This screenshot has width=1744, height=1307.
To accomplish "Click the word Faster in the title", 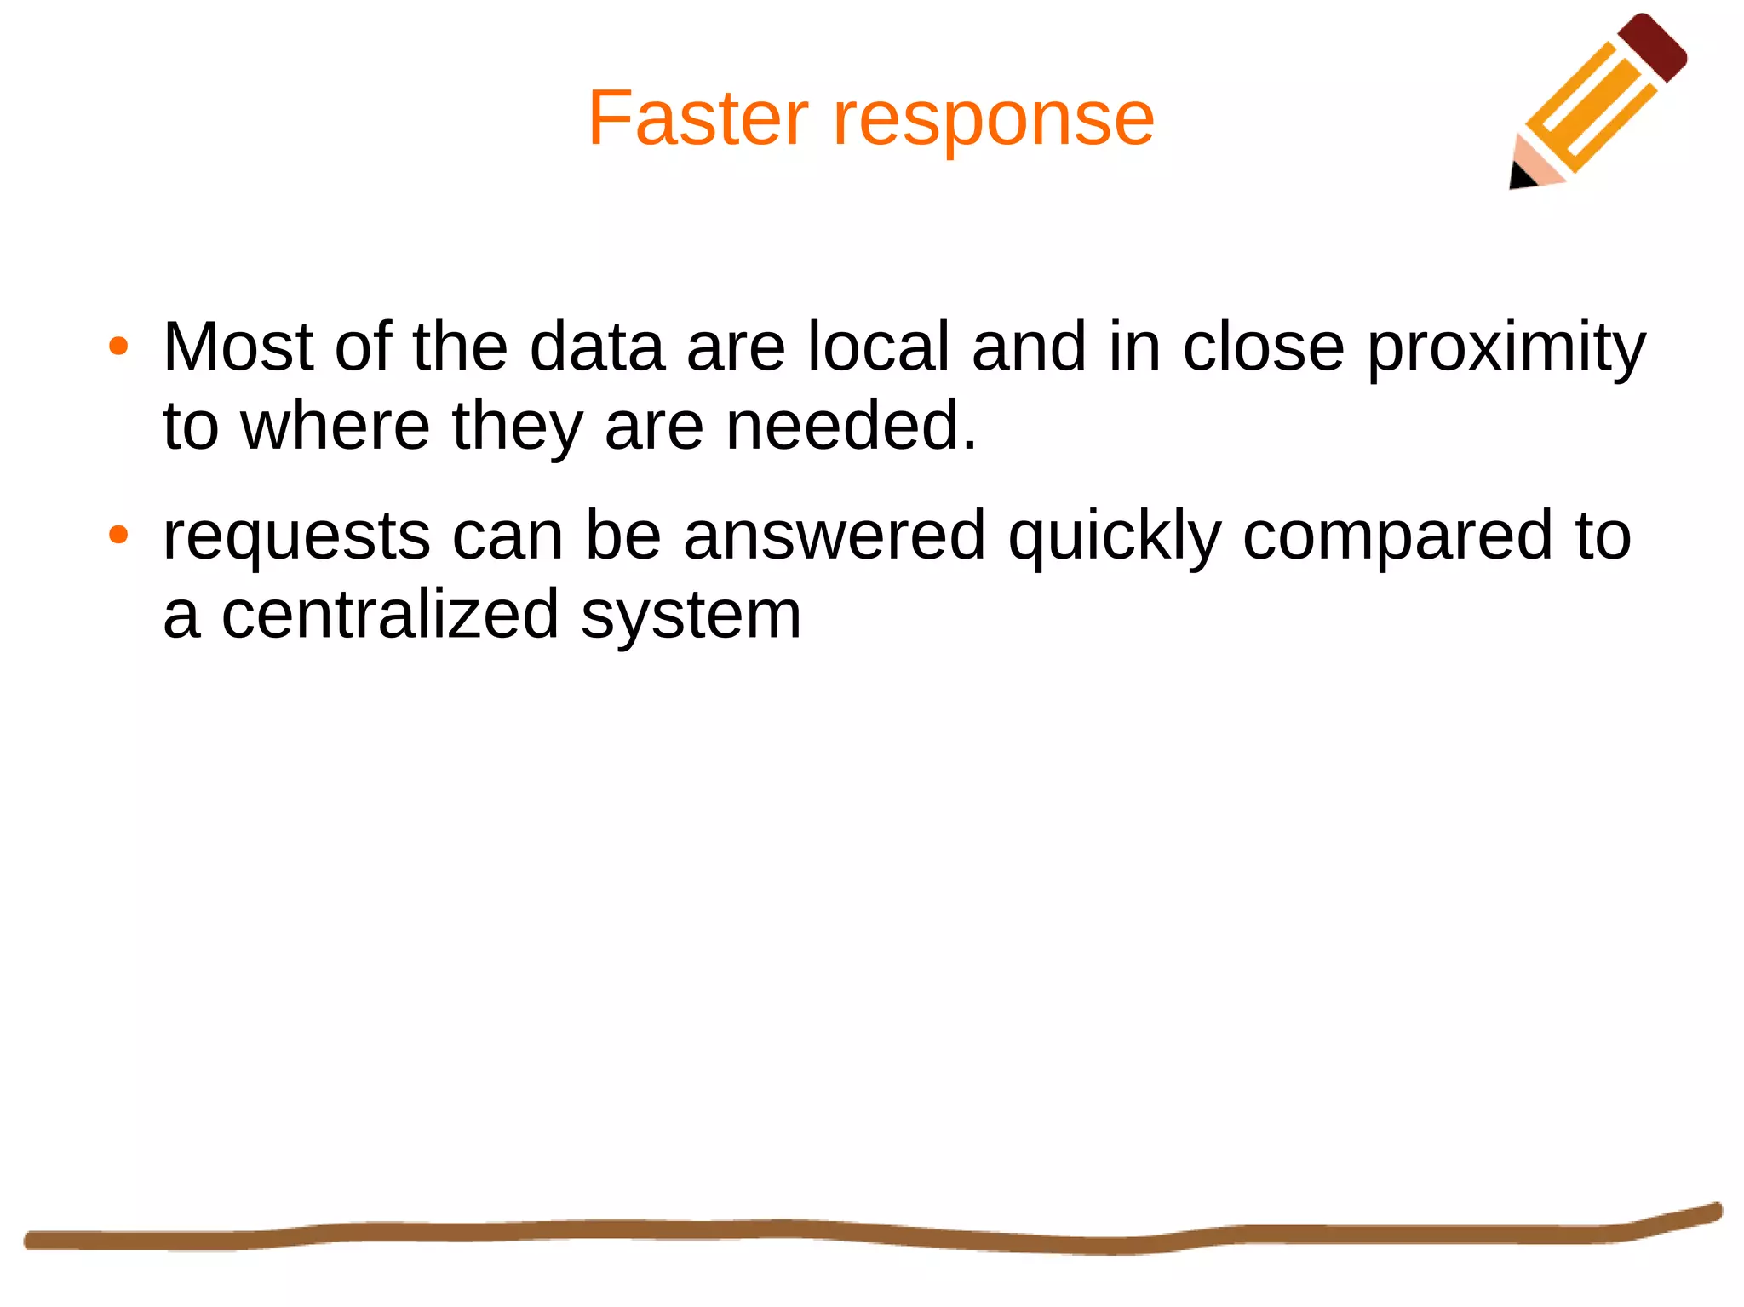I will (x=697, y=119).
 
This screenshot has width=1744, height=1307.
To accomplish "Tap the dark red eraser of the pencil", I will (x=1651, y=48).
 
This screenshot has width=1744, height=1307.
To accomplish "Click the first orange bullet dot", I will (x=118, y=347).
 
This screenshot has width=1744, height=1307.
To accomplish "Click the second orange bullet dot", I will (x=118, y=536).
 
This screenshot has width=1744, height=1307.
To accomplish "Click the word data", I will (x=596, y=347).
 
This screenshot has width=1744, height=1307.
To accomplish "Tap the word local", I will (x=878, y=347).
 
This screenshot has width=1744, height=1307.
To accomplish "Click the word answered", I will (x=834, y=536).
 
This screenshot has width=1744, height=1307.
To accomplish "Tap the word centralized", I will (x=390, y=615).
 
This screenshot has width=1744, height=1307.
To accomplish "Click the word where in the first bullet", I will (x=336, y=426).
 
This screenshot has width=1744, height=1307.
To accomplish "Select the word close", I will (x=1263, y=347).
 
